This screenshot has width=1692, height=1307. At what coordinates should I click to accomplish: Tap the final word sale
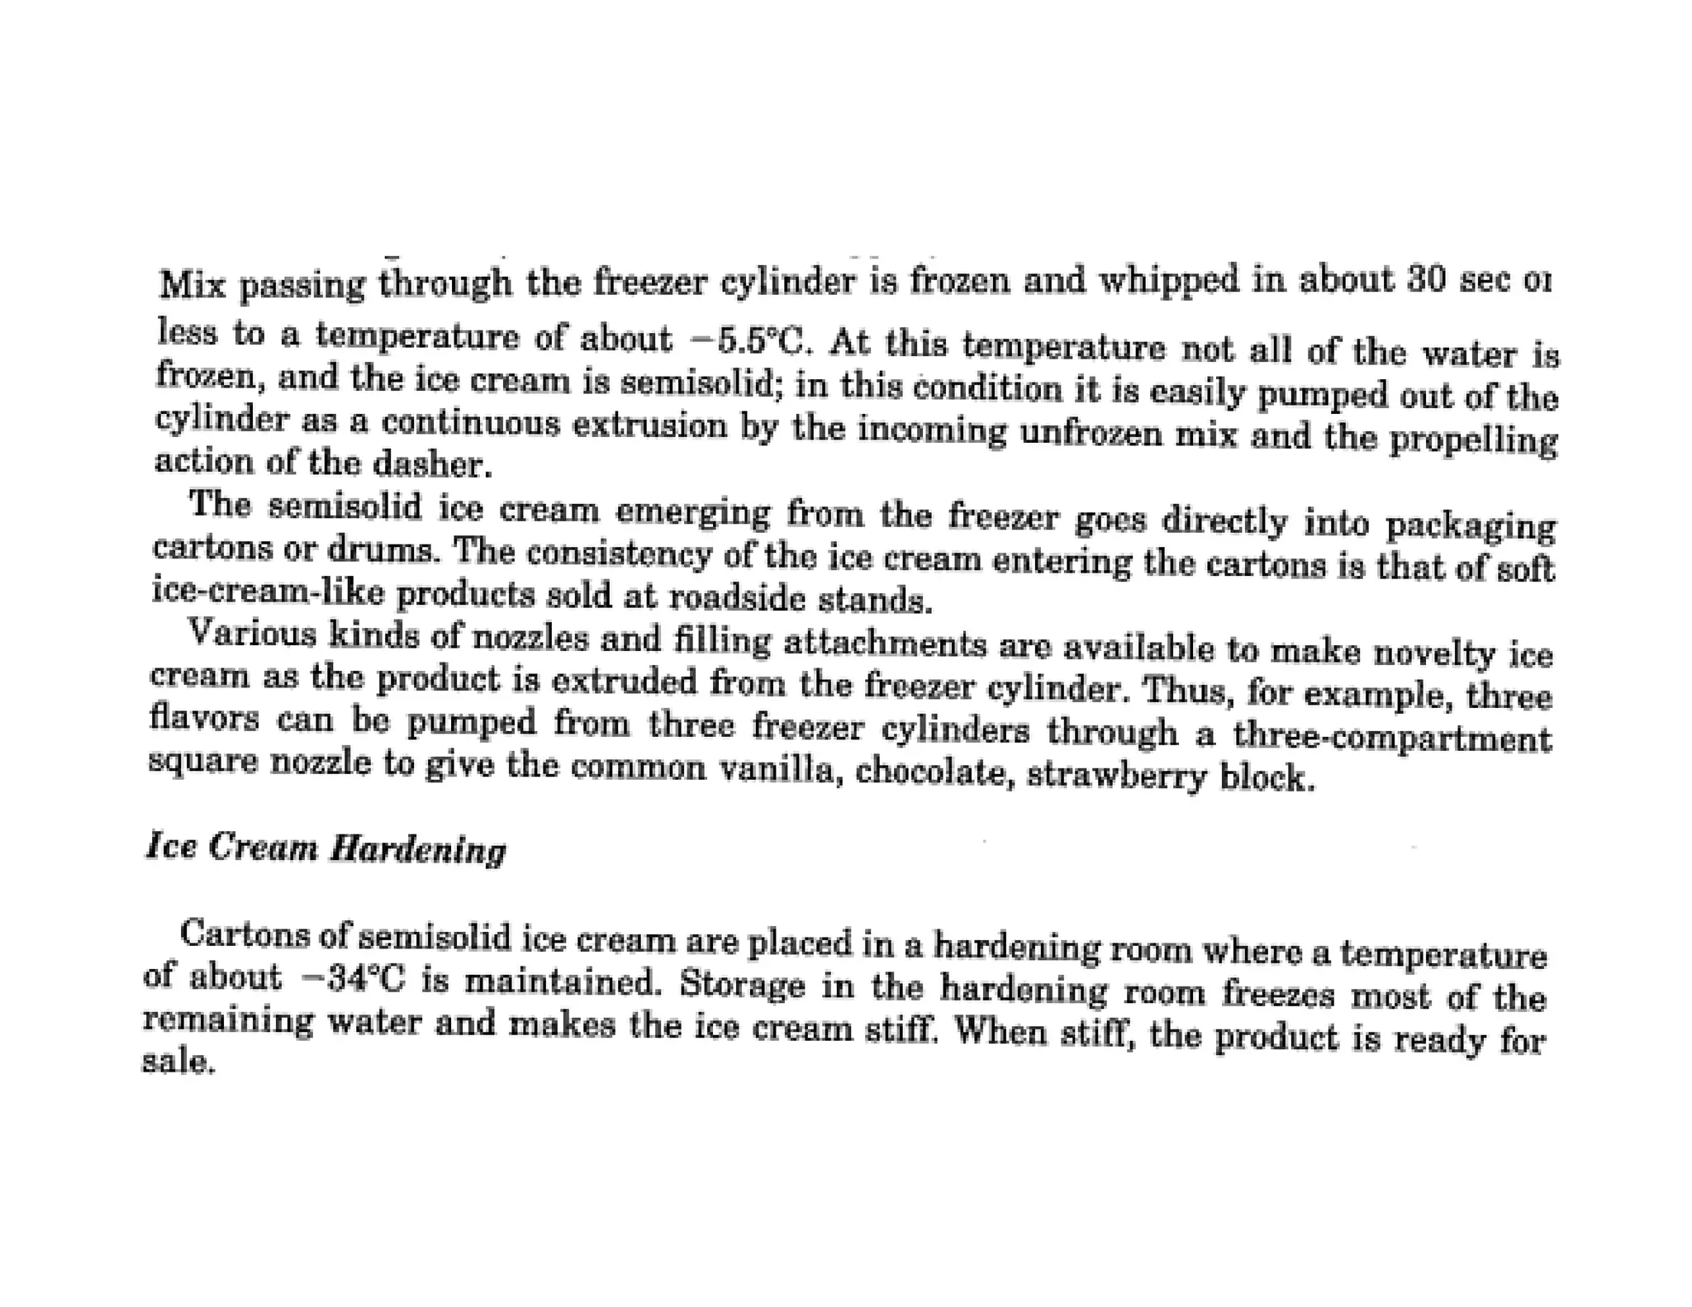coord(178,1061)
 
